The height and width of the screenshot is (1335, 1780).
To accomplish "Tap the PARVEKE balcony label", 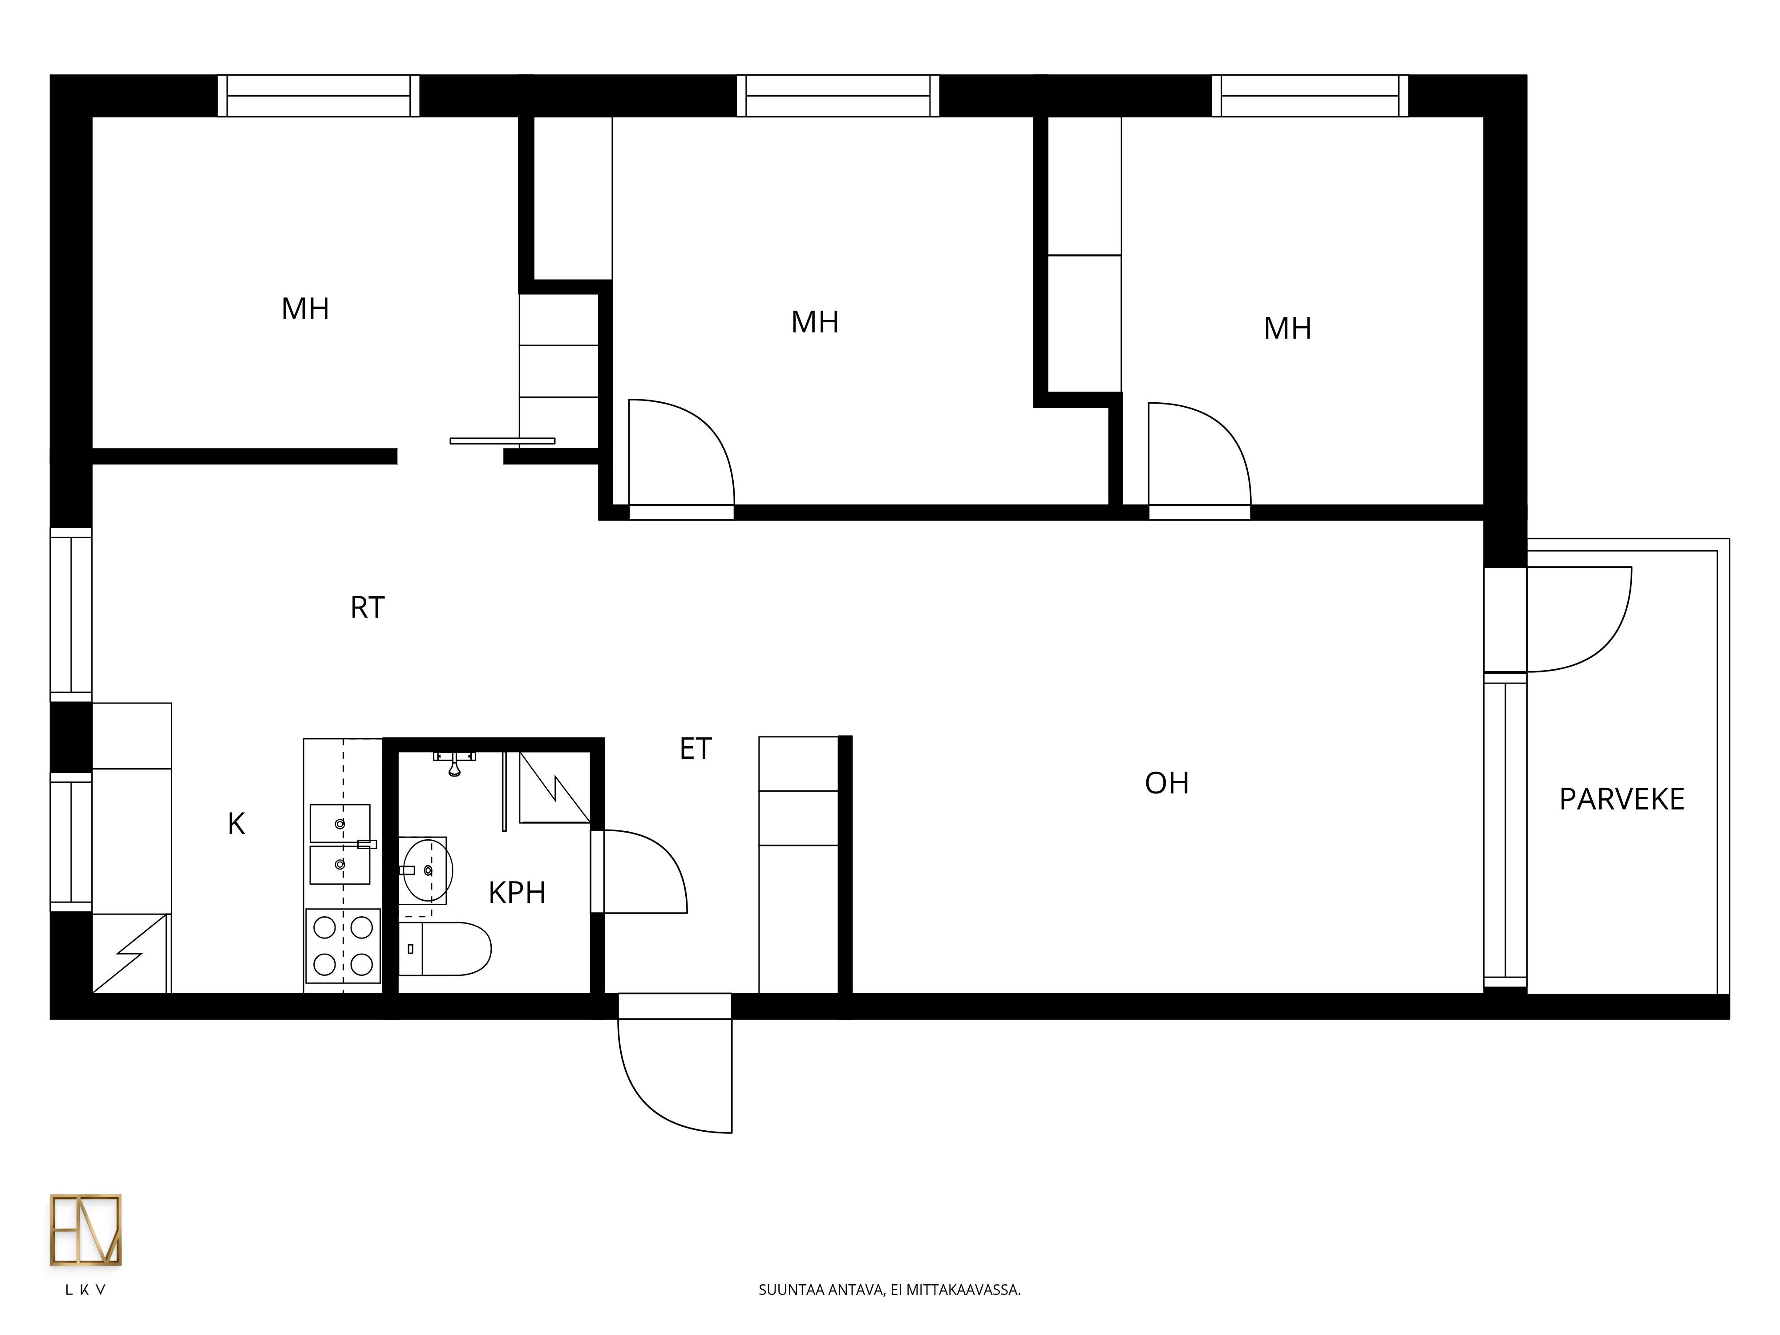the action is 1622,799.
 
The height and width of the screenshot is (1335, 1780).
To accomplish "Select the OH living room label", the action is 1167,783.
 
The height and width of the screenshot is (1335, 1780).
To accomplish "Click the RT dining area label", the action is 367,607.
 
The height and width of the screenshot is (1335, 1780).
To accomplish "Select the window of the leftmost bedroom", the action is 319,96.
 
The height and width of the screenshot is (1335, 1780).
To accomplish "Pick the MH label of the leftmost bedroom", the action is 305,309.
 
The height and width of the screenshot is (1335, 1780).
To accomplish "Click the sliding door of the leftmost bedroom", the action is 502,441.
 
